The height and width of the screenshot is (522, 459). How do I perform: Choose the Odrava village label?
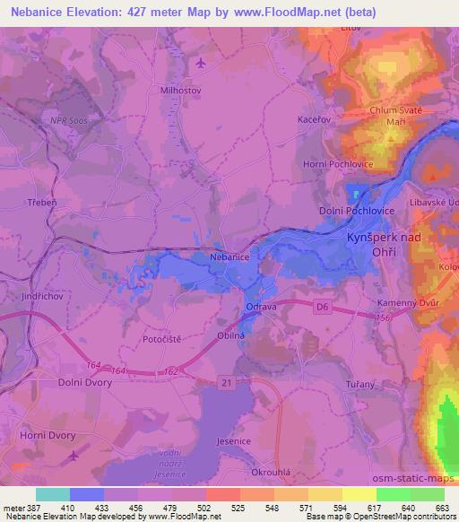tap(261, 307)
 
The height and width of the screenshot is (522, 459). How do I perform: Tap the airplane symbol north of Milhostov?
tap(200, 63)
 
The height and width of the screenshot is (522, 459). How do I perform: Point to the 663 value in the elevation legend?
tap(444, 507)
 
